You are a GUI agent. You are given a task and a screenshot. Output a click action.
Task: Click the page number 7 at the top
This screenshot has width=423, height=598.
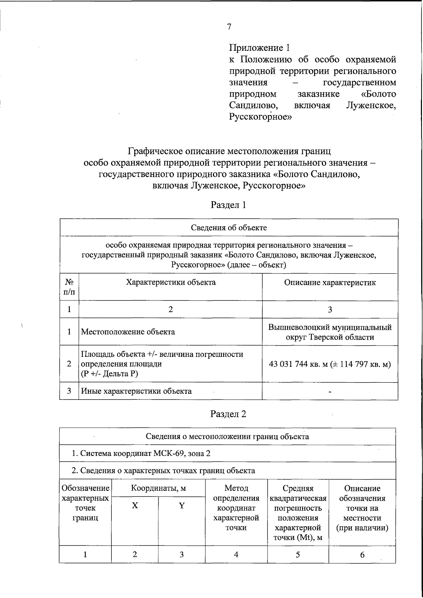coord(229,27)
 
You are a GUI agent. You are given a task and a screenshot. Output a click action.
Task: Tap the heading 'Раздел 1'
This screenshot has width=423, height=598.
coord(228,205)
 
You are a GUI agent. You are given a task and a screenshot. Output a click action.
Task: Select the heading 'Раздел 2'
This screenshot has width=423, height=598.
coord(228,414)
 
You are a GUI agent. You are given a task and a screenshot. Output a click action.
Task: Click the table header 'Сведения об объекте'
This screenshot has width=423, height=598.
coord(229,227)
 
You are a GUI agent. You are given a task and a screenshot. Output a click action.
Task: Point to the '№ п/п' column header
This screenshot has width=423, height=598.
coord(69,287)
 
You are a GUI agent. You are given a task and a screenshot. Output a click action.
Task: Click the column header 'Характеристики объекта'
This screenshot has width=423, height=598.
coord(171,282)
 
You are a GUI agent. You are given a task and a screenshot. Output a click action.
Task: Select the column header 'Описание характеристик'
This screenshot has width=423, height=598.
coord(330,282)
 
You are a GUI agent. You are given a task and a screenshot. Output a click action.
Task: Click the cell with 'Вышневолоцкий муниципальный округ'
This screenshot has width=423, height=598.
coord(330,332)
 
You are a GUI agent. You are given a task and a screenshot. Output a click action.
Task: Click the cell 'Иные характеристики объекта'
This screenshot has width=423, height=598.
coord(136,391)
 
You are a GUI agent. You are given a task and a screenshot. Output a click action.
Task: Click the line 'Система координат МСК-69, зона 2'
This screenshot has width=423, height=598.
coord(141,453)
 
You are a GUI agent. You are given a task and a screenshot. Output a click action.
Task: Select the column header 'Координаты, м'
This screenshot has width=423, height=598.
coord(158,488)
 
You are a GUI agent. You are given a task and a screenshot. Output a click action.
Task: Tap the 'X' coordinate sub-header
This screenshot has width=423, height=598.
coord(135,506)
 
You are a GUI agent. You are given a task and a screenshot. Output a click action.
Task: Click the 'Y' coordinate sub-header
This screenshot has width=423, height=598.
coord(182,506)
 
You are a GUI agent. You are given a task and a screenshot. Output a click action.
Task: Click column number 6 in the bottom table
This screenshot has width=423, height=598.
coord(362,555)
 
